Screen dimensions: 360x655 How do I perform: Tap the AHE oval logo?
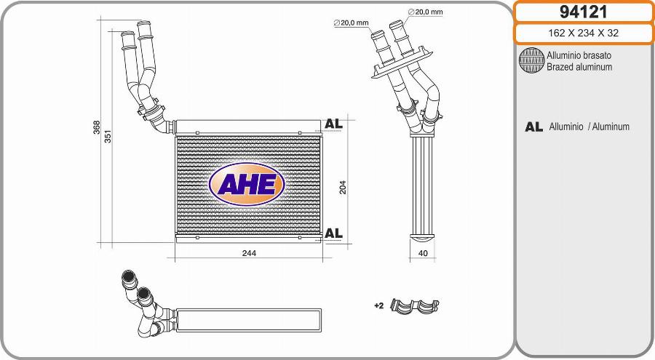tap(247, 185)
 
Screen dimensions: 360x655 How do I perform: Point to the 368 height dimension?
tap(97, 127)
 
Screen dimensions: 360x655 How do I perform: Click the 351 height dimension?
tap(109, 137)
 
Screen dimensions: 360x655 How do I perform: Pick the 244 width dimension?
tap(249, 253)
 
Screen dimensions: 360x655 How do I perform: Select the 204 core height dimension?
tap(343, 186)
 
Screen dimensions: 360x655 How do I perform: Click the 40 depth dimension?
tap(422, 253)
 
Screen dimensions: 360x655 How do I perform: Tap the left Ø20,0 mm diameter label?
tap(352, 23)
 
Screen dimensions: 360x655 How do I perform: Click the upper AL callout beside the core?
tap(333, 124)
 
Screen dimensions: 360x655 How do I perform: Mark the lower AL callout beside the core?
tap(333, 233)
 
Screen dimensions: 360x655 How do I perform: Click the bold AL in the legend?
tap(533, 127)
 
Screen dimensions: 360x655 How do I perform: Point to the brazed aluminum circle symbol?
tap(531, 60)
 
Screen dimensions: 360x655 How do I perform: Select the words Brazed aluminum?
tap(579, 67)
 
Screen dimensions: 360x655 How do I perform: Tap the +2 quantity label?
tap(378, 305)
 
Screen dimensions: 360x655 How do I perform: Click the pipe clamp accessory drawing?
tap(416, 305)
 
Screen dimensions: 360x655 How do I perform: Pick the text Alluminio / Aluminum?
tap(589, 127)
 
